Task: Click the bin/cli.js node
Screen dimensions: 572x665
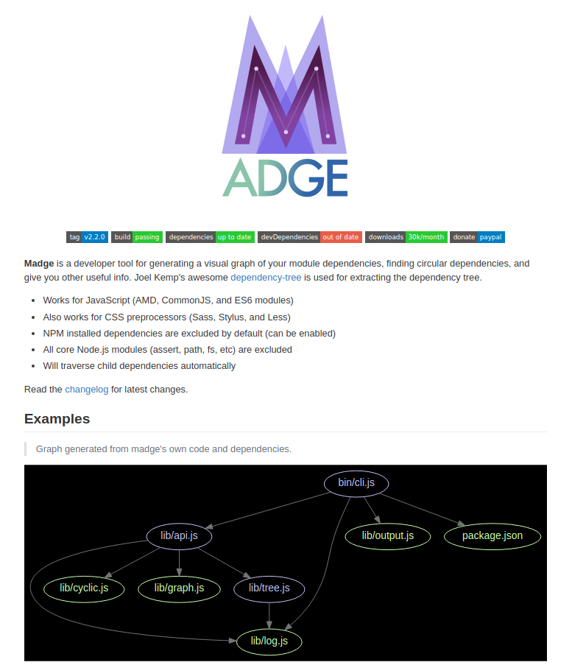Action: click(x=356, y=483)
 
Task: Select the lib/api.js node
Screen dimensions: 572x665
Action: click(x=180, y=536)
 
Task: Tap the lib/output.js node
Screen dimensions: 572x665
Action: click(x=388, y=535)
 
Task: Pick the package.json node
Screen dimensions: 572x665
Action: click(x=492, y=535)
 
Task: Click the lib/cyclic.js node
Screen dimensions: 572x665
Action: click(x=85, y=588)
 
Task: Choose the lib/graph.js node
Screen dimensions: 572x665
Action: click(x=179, y=588)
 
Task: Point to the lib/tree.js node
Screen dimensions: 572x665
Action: click(x=269, y=588)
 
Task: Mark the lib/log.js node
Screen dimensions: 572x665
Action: click(x=269, y=641)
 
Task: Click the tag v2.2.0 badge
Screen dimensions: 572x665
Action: click(x=88, y=237)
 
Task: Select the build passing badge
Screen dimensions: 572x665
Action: click(x=137, y=237)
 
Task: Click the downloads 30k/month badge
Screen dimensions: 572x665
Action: click(x=406, y=237)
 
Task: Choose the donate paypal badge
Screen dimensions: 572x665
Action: click(x=478, y=237)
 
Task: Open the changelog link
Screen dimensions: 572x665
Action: click(x=87, y=389)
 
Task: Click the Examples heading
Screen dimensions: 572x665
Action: click(x=57, y=419)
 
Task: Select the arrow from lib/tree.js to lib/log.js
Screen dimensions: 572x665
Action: click(x=269, y=614)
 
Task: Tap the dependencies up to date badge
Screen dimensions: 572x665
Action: click(x=210, y=237)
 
